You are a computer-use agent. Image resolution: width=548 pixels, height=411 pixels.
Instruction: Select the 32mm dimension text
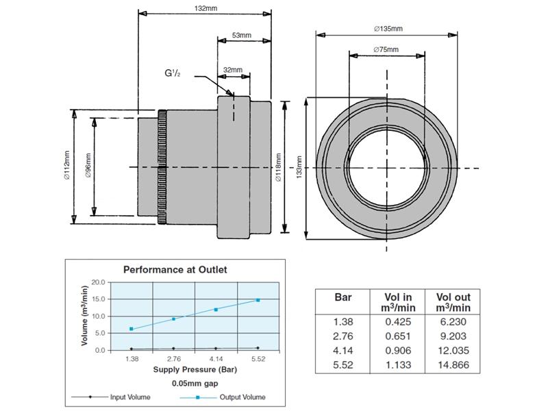233,70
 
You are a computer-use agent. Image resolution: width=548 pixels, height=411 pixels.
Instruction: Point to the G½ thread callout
172,72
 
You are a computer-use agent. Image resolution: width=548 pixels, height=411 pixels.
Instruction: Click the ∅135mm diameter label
388,29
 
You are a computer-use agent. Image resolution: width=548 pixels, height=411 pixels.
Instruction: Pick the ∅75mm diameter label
387,49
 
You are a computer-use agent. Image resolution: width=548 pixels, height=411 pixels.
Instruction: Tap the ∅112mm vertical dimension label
66,164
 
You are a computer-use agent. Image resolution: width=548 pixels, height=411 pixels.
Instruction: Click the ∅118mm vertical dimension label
277,168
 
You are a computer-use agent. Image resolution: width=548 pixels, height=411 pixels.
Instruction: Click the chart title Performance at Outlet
174,269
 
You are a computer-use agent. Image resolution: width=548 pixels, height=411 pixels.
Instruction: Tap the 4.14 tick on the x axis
216,358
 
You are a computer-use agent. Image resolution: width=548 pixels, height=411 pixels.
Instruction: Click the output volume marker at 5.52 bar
258,300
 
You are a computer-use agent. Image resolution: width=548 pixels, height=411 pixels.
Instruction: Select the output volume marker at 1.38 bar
131,329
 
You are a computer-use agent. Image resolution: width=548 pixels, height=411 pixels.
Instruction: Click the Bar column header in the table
343,298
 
